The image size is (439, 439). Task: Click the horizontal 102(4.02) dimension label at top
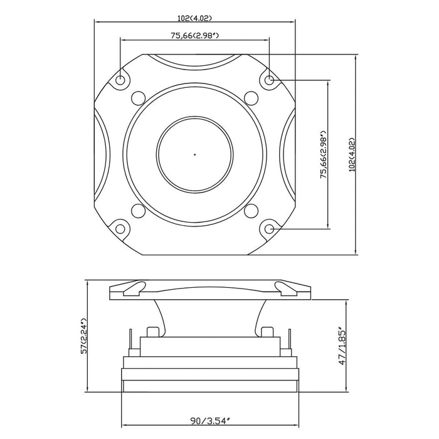[x=194, y=18]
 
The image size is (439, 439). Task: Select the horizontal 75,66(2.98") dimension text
[x=194, y=36]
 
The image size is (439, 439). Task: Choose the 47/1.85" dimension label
[x=341, y=346]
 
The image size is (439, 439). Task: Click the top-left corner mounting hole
[x=120, y=80]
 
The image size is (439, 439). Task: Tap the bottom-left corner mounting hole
[x=120, y=228]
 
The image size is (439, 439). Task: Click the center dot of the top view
[x=194, y=154]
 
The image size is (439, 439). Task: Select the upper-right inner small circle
[x=251, y=98]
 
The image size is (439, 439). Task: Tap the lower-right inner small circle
[x=251, y=210]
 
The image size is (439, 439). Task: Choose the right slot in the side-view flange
[x=288, y=289]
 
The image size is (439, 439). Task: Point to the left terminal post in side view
[x=152, y=332]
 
